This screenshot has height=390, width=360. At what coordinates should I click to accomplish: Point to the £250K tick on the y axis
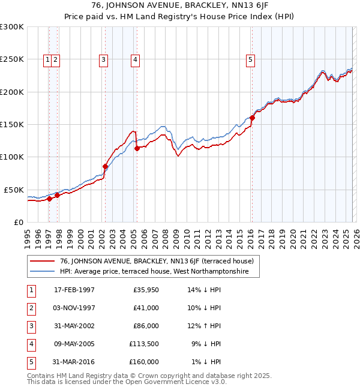[12, 59]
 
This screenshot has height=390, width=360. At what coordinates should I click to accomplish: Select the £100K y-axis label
[12, 157]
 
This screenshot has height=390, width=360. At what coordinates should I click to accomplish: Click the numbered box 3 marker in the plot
[104, 59]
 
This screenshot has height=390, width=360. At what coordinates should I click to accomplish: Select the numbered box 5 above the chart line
[250, 59]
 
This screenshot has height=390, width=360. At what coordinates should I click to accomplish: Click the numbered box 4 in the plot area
[136, 59]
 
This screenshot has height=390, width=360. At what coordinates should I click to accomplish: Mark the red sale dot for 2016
[252, 118]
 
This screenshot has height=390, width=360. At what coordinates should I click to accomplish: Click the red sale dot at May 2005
[137, 148]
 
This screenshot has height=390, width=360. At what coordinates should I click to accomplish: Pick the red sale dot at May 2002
[105, 166]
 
